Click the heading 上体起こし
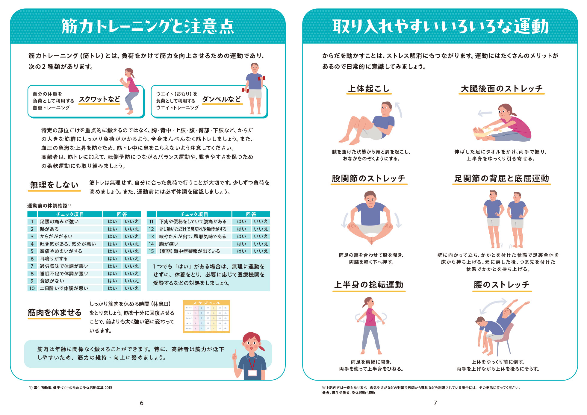point(369,89)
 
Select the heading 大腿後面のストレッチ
point(502,89)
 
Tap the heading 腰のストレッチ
point(502,285)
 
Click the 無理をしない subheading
point(55,185)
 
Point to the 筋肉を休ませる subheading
point(55,313)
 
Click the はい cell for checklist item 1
point(112,222)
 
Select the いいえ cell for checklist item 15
point(261,251)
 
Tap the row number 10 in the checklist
point(32,288)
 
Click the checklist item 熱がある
point(49,229)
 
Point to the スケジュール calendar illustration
point(206,317)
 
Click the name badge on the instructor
point(252,373)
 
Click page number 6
point(142,403)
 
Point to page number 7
point(435,403)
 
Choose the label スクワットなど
point(99,99)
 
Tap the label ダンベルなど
point(222,99)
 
